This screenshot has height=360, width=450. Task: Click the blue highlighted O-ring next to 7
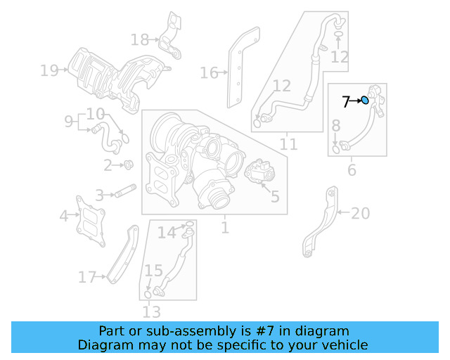pyautogui.click(x=365, y=101)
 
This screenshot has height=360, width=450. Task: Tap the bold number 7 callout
pyautogui.click(x=346, y=102)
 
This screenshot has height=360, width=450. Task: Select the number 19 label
pyautogui.click(x=49, y=70)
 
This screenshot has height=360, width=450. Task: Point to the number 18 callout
pyautogui.click(x=140, y=39)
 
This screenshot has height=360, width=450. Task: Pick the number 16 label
pyautogui.click(x=209, y=72)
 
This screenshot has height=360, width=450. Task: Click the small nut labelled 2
pyautogui.click(x=129, y=165)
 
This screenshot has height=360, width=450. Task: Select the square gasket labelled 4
pyautogui.click(x=91, y=220)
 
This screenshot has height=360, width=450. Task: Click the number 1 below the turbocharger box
pyautogui.click(x=225, y=227)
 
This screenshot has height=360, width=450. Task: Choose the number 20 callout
pyautogui.click(x=359, y=213)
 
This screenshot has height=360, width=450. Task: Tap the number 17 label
pyautogui.click(x=86, y=278)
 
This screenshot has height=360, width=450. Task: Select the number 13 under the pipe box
pyautogui.click(x=151, y=311)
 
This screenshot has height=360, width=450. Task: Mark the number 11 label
pyautogui.click(x=288, y=145)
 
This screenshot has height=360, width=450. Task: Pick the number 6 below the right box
pyautogui.click(x=352, y=169)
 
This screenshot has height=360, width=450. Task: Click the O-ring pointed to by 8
pyautogui.click(x=337, y=148)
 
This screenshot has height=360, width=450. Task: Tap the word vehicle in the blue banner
pyautogui.click(x=345, y=345)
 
